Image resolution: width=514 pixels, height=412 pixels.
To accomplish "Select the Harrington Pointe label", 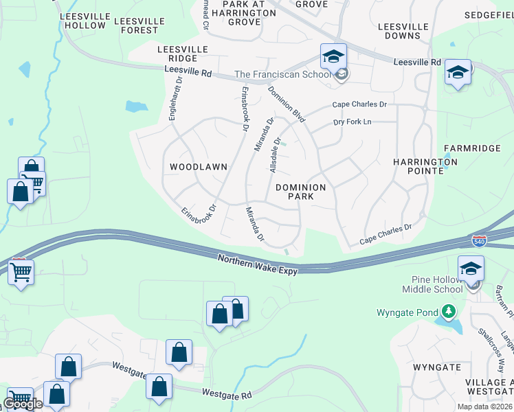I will point(419,166).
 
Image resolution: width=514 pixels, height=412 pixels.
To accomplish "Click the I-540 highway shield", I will point(479,241).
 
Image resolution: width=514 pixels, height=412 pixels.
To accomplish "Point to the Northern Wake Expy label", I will point(258,264).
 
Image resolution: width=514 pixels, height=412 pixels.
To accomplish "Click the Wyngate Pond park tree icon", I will point(449,312).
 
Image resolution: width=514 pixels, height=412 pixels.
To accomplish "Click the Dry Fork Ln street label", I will point(352,122).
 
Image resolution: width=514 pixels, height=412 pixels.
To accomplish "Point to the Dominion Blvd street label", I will point(287,104).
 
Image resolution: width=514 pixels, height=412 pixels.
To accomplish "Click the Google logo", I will point(23,404).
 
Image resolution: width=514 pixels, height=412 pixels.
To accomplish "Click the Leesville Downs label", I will point(403,31).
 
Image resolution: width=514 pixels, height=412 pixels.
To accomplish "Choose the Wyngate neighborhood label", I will point(437,367).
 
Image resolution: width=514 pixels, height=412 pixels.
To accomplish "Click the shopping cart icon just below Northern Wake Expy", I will point(20,272).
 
